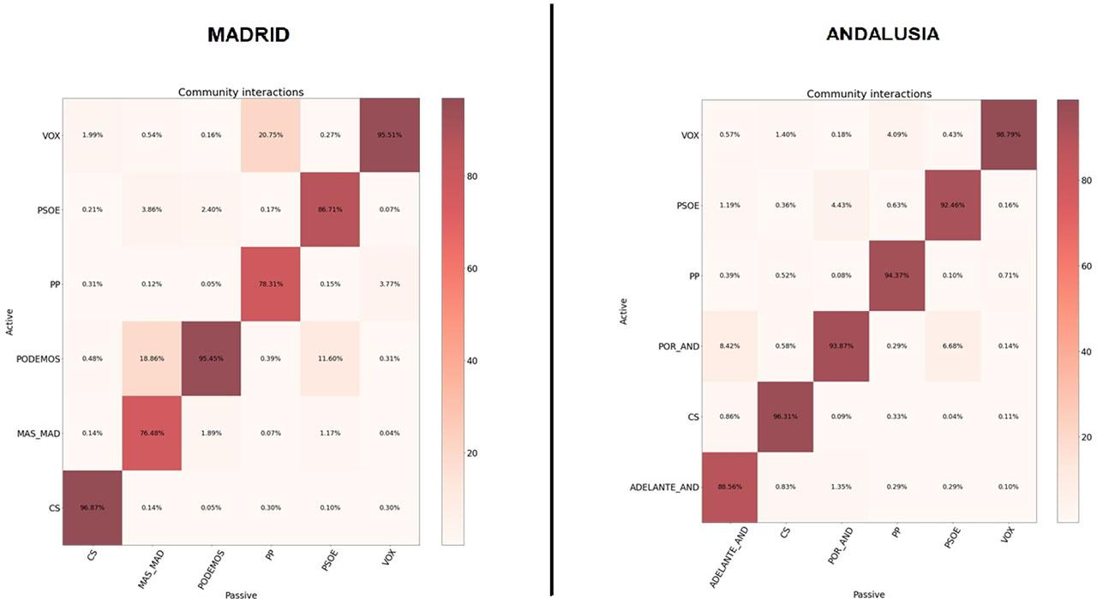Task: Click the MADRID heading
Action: [248, 35]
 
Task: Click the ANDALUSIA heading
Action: [882, 34]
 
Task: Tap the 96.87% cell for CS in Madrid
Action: [92, 507]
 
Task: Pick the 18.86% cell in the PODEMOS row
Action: [151, 358]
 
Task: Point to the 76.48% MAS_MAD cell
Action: [151, 434]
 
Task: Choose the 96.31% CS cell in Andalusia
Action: [786, 416]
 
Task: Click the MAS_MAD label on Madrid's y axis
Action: [39, 434]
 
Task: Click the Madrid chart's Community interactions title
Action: [240, 92]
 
